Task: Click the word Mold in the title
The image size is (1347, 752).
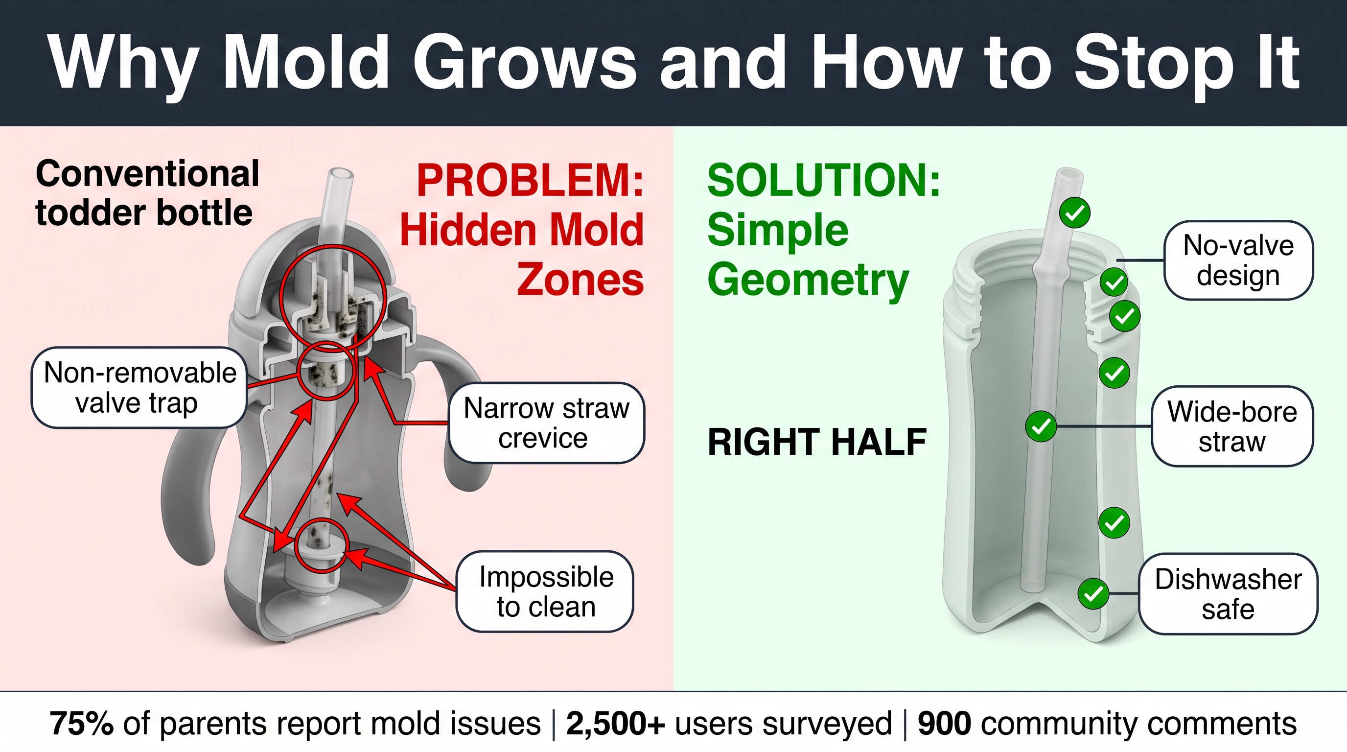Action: tap(306, 62)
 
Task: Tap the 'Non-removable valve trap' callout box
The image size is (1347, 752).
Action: tap(139, 387)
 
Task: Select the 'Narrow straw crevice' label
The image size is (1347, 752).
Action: tap(546, 423)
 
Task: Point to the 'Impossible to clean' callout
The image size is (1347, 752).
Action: tap(545, 591)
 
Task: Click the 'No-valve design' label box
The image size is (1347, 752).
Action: tap(1238, 260)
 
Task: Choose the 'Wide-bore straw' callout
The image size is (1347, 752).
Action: tap(1232, 426)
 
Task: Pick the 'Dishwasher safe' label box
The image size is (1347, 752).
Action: tap(1228, 594)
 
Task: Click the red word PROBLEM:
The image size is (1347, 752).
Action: tap(530, 181)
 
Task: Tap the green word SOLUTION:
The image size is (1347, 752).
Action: tap(824, 181)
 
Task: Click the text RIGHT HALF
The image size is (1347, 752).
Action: tap(817, 442)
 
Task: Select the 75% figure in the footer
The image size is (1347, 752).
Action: tap(81, 724)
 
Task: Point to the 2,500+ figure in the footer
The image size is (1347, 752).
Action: tap(615, 724)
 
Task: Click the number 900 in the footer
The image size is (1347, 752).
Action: tap(944, 724)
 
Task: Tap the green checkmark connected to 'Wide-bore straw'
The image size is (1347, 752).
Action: tap(1041, 427)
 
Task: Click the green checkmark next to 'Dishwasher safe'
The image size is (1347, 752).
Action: tap(1093, 594)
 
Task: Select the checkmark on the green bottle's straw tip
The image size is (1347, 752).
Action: tap(1074, 213)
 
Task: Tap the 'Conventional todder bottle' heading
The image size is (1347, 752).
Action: tap(147, 193)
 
